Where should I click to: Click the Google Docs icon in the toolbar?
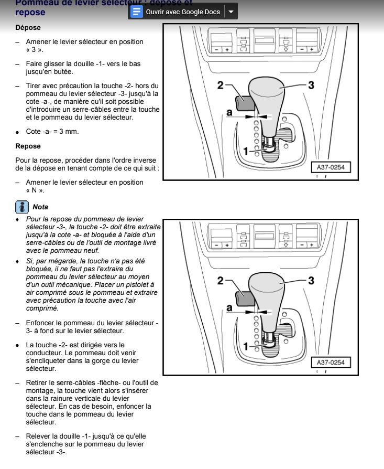click(x=137, y=12)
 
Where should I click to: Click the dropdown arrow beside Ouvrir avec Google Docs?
click(x=231, y=12)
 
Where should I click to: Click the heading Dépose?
click(x=28, y=27)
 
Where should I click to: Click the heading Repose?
click(x=28, y=146)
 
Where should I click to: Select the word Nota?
click(x=40, y=207)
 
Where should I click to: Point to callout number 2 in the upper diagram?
click(x=221, y=84)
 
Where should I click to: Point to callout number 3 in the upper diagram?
click(x=311, y=84)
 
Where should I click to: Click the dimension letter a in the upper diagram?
click(x=229, y=112)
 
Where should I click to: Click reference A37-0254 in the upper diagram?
click(x=331, y=167)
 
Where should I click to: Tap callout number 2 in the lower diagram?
click(x=221, y=280)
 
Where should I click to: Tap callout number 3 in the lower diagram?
click(x=311, y=280)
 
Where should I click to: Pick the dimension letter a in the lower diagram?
click(x=229, y=308)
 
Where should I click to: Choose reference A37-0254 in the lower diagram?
click(x=331, y=363)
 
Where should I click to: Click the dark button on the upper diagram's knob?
click(x=245, y=102)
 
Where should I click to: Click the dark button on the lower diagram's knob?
click(x=245, y=297)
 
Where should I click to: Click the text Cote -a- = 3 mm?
click(x=52, y=131)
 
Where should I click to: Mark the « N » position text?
click(x=35, y=190)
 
